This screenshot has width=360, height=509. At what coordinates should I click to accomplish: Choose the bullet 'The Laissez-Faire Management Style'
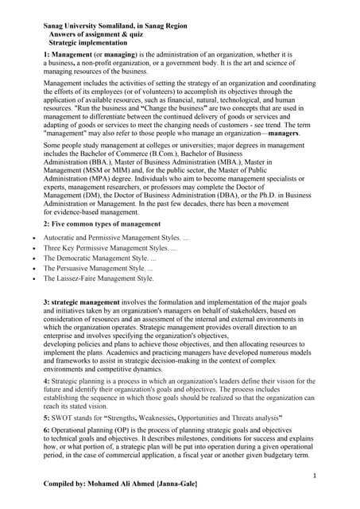[x=99, y=279]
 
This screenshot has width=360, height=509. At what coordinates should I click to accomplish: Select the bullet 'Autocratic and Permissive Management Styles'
[x=116, y=238]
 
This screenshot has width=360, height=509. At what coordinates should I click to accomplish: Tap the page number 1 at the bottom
[x=315, y=476]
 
